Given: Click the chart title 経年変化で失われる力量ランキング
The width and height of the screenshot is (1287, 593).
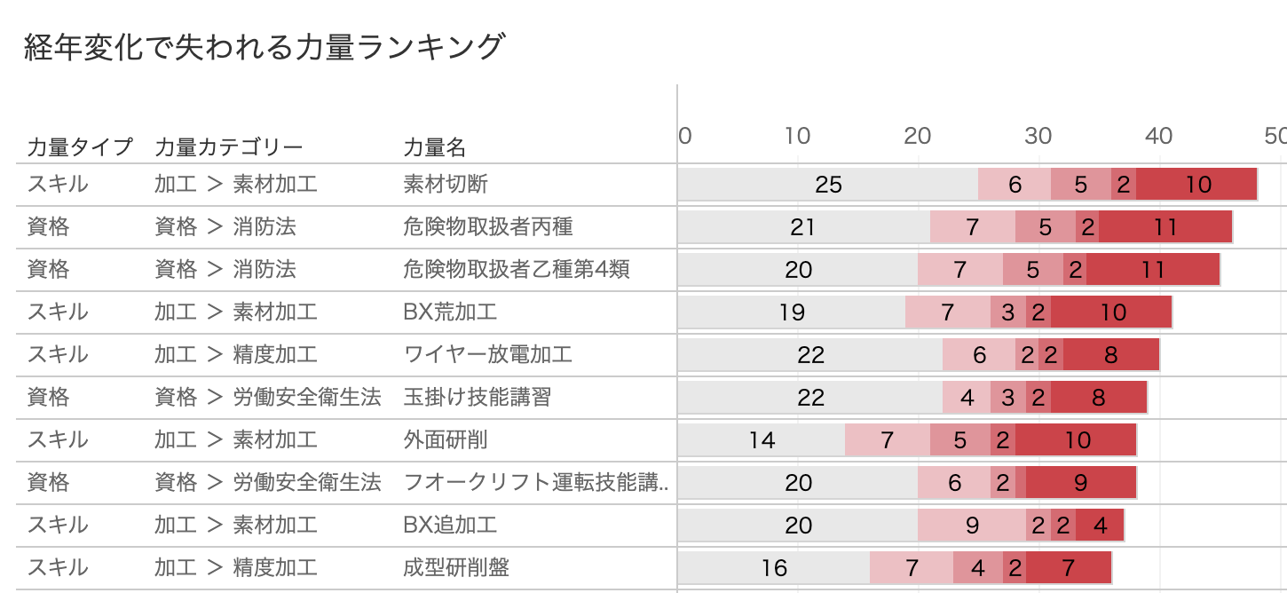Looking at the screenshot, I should pyautogui.click(x=264, y=47).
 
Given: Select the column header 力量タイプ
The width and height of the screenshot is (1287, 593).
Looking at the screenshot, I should pyautogui.click(x=80, y=146).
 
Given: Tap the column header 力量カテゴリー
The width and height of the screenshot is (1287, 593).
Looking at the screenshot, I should pyautogui.click(x=229, y=146).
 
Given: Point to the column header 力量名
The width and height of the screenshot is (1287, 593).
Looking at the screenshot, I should pyautogui.click(x=435, y=146).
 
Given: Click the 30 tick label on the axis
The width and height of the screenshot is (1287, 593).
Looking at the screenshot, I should pyautogui.click(x=1038, y=136).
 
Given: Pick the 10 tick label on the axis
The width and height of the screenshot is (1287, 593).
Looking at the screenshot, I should pyautogui.click(x=797, y=136).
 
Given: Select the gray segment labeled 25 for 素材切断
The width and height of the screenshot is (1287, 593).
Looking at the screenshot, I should pyautogui.click(x=827, y=185).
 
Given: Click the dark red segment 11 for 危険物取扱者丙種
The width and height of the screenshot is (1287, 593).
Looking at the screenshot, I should pyautogui.click(x=1165, y=227).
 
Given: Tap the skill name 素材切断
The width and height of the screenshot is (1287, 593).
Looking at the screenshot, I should pyautogui.click(x=446, y=185).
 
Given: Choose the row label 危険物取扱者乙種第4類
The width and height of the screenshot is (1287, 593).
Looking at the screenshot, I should pyautogui.click(x=517, y=270).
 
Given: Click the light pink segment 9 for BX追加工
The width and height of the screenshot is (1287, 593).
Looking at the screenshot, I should pyautogui.click(x=972, y=526).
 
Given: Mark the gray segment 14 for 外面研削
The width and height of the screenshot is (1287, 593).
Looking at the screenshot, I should pyautogui.click(x=762, y=440).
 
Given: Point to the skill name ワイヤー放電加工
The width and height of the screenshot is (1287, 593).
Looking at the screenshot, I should pyautogui.click(x=487, y=355).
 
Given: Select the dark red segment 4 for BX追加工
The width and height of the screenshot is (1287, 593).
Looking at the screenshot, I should pyautogui.click(x=1100, y=526).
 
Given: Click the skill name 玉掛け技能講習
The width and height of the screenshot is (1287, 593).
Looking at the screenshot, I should pyautogui.click(x=477, y=398).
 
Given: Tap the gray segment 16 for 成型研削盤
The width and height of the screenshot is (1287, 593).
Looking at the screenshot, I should pyautogui.click(x=773, y=568).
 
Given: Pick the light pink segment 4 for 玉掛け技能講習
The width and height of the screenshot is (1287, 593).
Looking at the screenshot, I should pyautogui.click(x=967, y=398).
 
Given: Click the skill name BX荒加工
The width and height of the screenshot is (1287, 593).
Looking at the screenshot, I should pyautogui.click(x=450, y=312).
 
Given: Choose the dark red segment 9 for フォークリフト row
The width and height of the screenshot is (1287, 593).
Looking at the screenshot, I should pyautogui.click(x=1081, y=483).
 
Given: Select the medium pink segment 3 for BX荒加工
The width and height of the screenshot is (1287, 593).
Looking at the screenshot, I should pyautogui.click(x=1008, y=312).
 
